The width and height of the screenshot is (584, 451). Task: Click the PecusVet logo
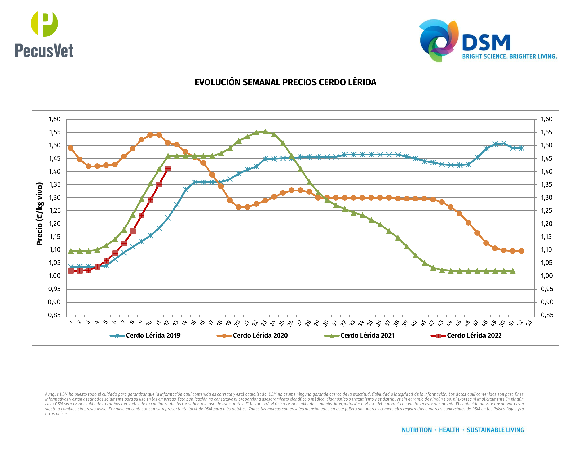(x=44, y=35)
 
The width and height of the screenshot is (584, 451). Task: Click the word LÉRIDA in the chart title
(x=362, y=82)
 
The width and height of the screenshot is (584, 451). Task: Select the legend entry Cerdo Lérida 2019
(x=153, y=336)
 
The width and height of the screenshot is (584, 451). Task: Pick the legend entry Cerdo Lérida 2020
(x=260, y=336)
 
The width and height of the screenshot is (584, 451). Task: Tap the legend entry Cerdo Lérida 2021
(x=367, y=336)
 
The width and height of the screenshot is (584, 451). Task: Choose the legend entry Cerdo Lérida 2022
(x=474, y=336)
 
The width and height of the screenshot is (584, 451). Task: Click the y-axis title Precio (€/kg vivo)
(x=40, y=214)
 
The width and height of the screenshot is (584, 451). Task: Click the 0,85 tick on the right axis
(x=547, y=315)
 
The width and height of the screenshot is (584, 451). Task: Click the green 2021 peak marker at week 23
(x=265, y=132)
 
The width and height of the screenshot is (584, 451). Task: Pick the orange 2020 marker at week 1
(x=71, y=148)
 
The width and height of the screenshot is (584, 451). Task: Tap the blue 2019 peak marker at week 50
(x=504, y=143)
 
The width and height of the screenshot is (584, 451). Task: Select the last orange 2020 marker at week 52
(x=521, y=251)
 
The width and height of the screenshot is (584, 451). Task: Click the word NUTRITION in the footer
(x=417, y=430)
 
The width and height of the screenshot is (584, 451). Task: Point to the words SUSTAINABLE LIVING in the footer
(x=495, y=430)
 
